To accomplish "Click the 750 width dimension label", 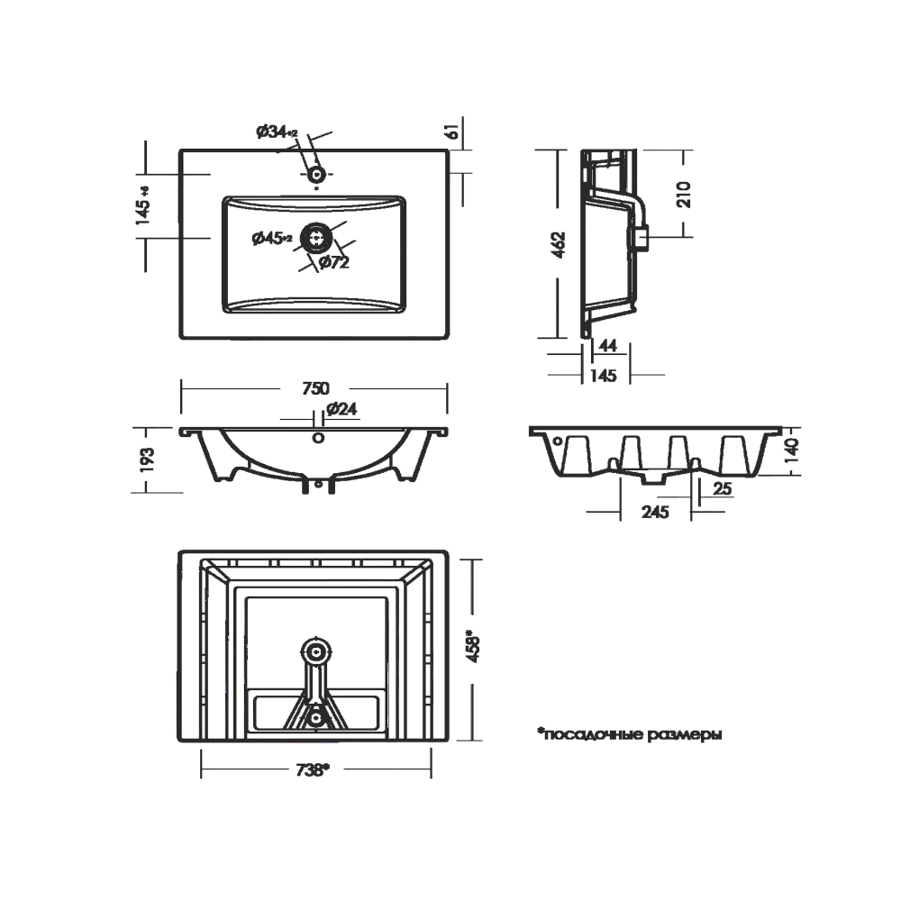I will pos(314,388).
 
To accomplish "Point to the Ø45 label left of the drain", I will pos(268,239).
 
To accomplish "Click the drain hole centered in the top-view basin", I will pos(317,239).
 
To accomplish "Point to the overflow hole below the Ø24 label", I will pos(315,438).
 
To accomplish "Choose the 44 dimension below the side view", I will pos(608,344).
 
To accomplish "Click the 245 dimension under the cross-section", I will pos(655,511).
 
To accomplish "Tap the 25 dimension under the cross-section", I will pos(721,487).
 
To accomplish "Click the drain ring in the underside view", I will pos(315,647).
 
